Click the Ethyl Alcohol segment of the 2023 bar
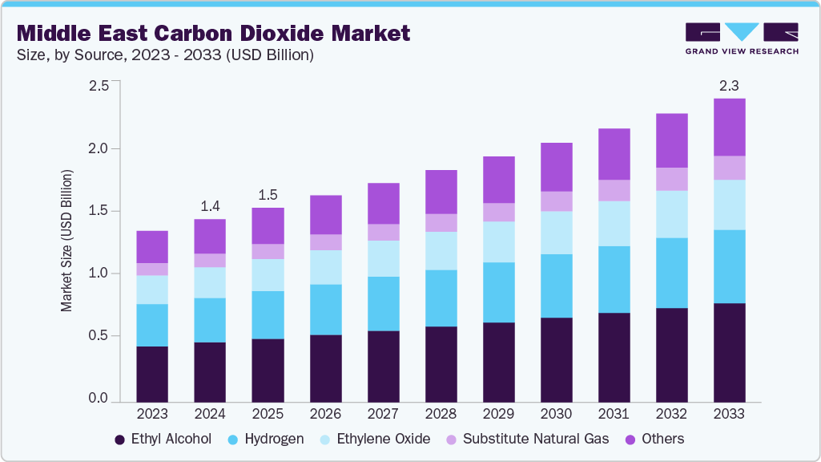(x=152, y=374)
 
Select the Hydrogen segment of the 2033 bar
(x=729, y=266)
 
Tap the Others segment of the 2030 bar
(x=557, y=167)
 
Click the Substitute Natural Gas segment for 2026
(x=326, y=242)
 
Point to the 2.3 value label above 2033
(x=729, y=85)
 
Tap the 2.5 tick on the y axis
(x=98, y=86)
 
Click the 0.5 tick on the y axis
(x=98, y=336)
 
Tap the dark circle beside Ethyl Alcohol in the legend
(x=120, y=440)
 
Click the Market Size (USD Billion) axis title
(x=66, y=241)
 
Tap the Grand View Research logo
(x=741, y=38)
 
